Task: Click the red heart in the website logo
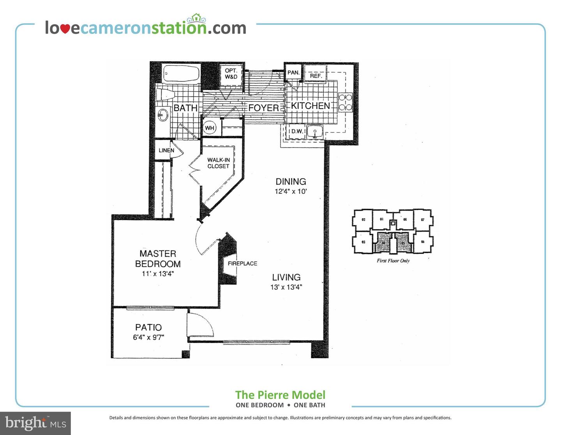pos(65,29)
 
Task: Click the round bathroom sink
pos(162,115)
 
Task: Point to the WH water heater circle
pos(210,128)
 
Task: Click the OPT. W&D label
pos(231,74)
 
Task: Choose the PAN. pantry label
pos(293,73)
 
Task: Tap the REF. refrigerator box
pos(316,76)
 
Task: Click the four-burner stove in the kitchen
pos(346,102)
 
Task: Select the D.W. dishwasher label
pos(297,131)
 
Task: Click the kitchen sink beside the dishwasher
pos(314,132)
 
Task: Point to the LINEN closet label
pos(166,150)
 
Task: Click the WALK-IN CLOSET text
pos(218,163)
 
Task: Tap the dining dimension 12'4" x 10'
pos(291,192)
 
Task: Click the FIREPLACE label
pos(242,264)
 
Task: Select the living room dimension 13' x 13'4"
pos(286,287)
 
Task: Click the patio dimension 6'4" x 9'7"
pos(148,337)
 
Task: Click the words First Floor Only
pos(393,261)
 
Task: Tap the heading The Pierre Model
pos(280,395)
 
